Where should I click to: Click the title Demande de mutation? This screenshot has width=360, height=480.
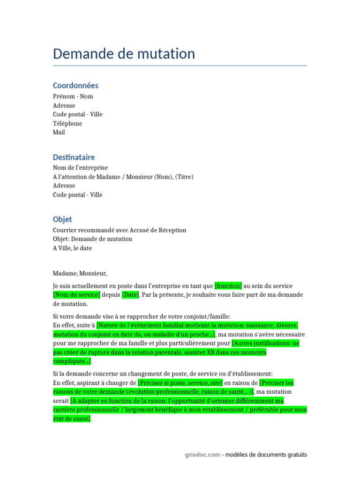pos(124,54)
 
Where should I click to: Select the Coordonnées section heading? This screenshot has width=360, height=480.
pos(75,85)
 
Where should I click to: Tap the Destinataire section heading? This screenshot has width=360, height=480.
pos(74,157)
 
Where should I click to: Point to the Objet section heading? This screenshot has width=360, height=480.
pos(62,219)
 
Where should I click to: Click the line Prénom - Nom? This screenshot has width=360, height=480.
pos(73,97)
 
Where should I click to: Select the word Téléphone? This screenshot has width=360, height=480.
pos(67,124)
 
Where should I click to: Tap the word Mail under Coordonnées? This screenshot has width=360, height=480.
pos(59,133)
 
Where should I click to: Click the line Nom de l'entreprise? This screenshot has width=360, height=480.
pos(80,168)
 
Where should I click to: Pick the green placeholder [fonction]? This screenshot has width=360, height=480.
pos(228,286)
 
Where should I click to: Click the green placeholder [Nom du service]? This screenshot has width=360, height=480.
pos(76,295)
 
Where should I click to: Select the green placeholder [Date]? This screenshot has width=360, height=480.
pos(131,295)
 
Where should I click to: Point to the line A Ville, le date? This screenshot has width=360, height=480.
pos(72,248)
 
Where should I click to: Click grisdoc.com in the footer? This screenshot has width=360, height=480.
pos(202,455)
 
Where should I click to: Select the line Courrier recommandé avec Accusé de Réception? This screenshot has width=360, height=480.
pos(120,230)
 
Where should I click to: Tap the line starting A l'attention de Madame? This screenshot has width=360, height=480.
pos(123,177)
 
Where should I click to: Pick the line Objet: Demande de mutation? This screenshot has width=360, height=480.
pos(92,239)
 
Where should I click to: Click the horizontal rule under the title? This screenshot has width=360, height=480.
pos(180,66)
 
